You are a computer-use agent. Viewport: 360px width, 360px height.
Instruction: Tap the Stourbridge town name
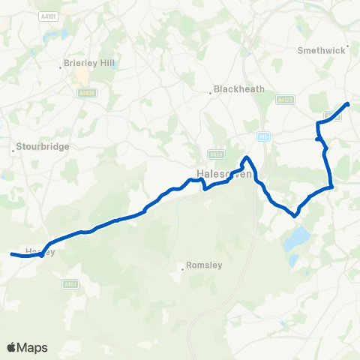(44, 146)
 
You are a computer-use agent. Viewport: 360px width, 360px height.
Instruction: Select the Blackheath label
(239, 88)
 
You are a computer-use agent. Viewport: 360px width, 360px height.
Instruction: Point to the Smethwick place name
(322, 51)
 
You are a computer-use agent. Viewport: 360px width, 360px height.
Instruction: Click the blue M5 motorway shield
(262, 136)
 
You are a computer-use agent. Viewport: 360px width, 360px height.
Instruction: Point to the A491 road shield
(70, 283)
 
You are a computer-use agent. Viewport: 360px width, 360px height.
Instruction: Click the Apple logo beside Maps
(12, 347)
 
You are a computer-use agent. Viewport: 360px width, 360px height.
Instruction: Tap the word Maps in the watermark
(33, 347)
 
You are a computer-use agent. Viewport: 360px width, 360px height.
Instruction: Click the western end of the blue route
(11, 254)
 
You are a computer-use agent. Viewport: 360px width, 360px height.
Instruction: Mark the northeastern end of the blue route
(348, 103)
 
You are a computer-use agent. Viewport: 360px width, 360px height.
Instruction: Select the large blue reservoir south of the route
(296, 239)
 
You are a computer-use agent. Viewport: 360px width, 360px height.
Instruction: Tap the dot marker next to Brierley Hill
(61, 68)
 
